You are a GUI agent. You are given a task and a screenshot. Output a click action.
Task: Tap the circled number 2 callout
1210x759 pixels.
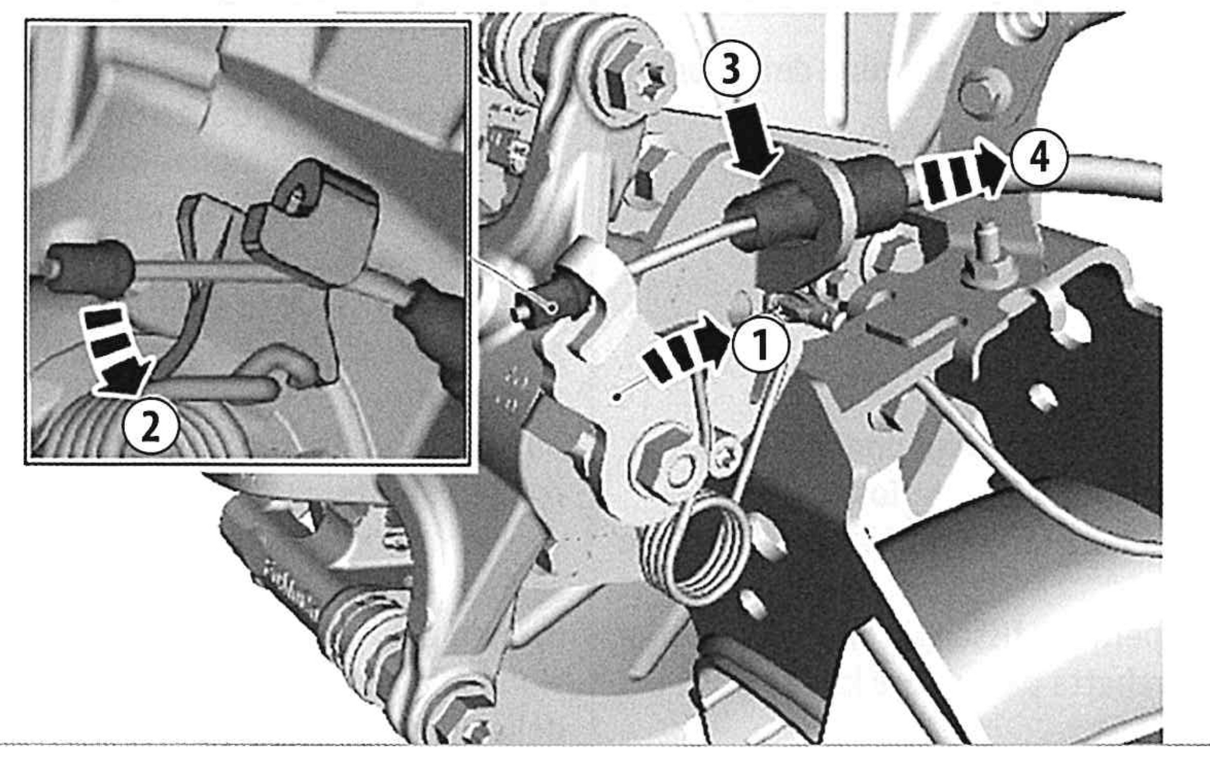pos(151,428)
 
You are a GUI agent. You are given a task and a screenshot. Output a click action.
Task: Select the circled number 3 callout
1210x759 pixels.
pos(732,69)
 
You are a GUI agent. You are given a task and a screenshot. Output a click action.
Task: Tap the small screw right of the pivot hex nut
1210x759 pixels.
pos(725,458)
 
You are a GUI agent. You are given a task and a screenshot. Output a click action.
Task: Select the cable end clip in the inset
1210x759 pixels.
pos(314,221)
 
